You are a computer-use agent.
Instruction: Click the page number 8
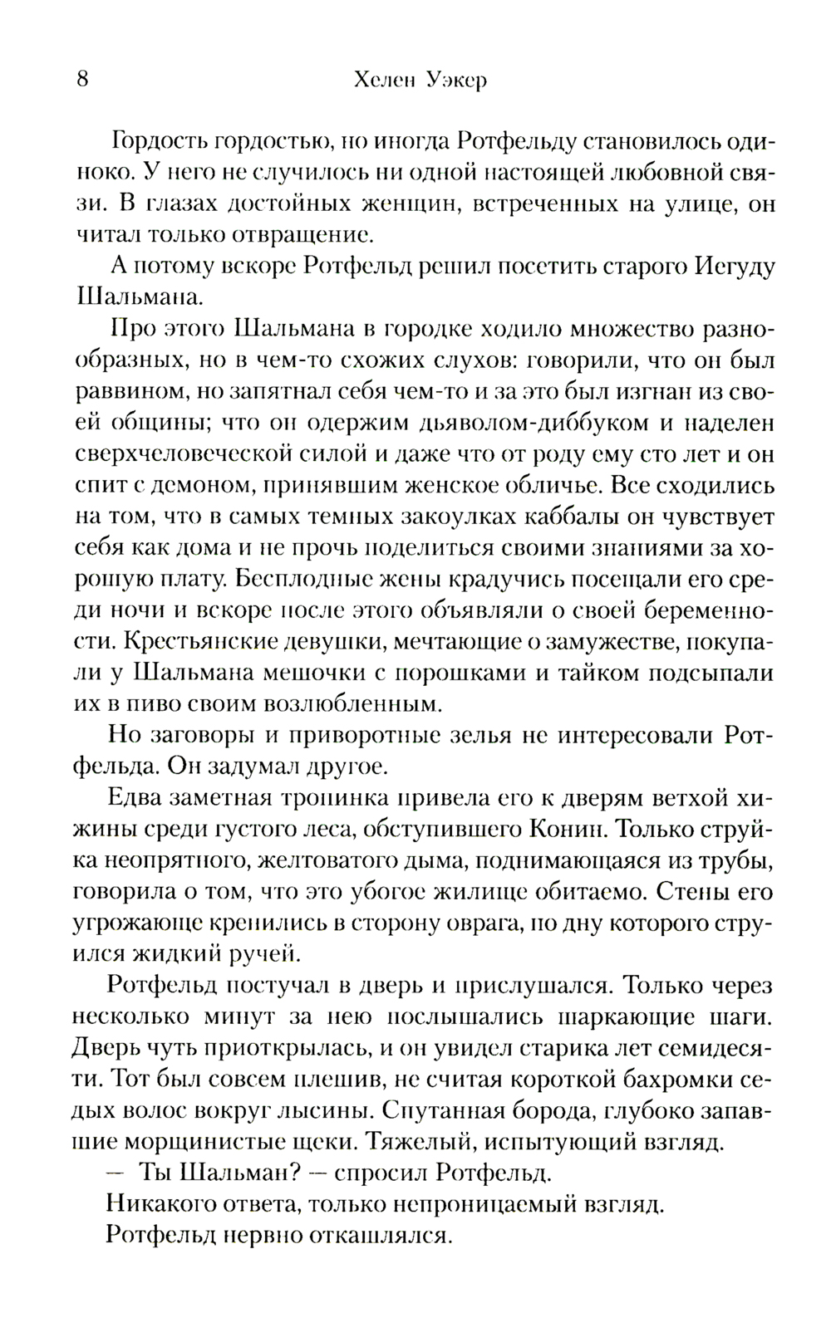pos(81,81)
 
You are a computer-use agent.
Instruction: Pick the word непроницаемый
pos(488,1203)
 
